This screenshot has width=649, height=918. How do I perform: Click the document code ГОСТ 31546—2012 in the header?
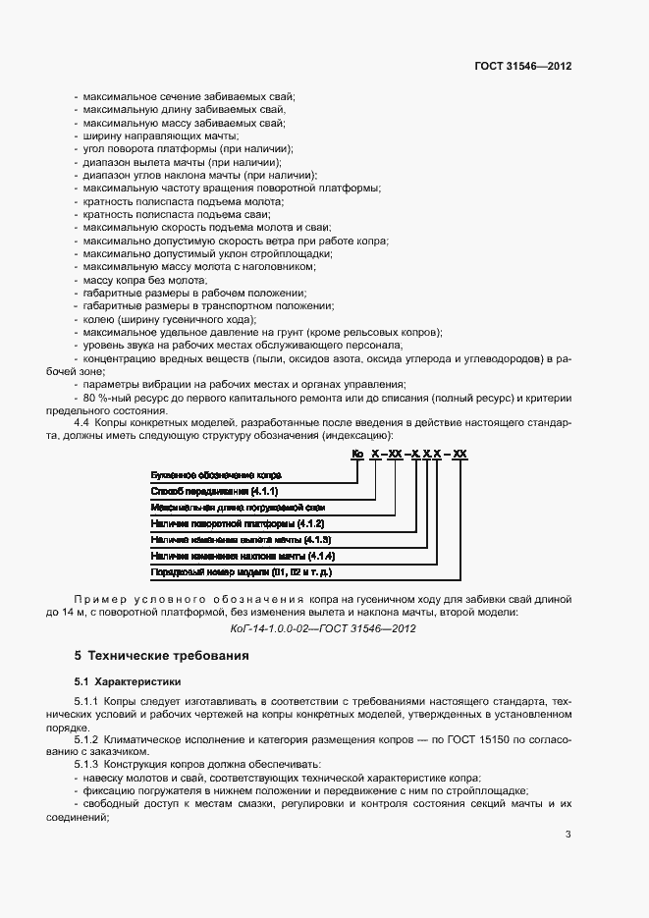523,67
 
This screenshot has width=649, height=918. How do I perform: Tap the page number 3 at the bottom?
568,836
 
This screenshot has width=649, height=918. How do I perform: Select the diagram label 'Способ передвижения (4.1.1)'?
215,490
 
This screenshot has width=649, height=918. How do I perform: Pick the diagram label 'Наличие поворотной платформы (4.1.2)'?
238,523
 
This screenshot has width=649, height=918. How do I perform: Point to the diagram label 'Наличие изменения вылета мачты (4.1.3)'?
241,539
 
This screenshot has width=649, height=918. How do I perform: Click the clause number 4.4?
81,422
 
